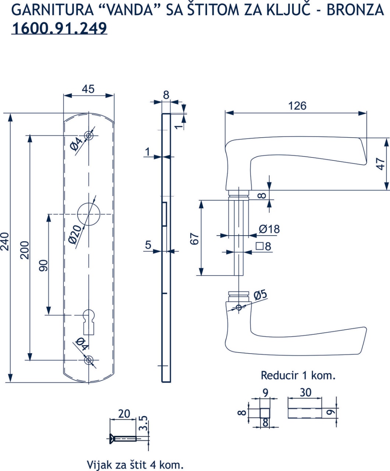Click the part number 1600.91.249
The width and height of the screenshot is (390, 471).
pyautogui.click(x=59, y=28)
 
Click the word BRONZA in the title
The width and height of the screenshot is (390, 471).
pyautogui.click(x=355, y=10)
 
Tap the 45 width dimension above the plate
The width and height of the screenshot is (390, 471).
pyautogui.click(x=88, y=89)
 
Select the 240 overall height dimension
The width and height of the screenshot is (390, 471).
pyautogui.click(x=5, y=242)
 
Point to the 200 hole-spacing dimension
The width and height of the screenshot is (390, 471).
pyautogui.click(x=25, y=250)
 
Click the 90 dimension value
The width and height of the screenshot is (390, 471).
pyautogui.click(x=43, y=266)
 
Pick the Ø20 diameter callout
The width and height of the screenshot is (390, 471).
pyautogui.click(x=75, y=235)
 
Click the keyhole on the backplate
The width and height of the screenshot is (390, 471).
pyautogui.click(x=89, y=322)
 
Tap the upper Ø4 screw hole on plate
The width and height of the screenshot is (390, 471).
pyautogui.click(x=89, y=136)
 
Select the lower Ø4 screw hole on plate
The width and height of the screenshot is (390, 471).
pyautogui.click(x=89, y=360)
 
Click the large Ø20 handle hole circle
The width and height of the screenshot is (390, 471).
pyautogui.click(x=89, y=214)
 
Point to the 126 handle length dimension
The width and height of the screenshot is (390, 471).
pyautogui.click(x=297, y=106)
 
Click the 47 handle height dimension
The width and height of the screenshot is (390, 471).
pyautogui.click(x=381, y=164)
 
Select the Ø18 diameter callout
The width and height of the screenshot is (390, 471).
pyautogui.click(x=269, y=229)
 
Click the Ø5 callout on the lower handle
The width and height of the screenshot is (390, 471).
pyautogui.click(x=260, y=295)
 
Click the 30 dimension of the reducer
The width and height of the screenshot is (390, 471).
pyautogui.click(x=306, y=393)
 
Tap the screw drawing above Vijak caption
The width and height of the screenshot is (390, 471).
pyautogui.click(x=123, y=439)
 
